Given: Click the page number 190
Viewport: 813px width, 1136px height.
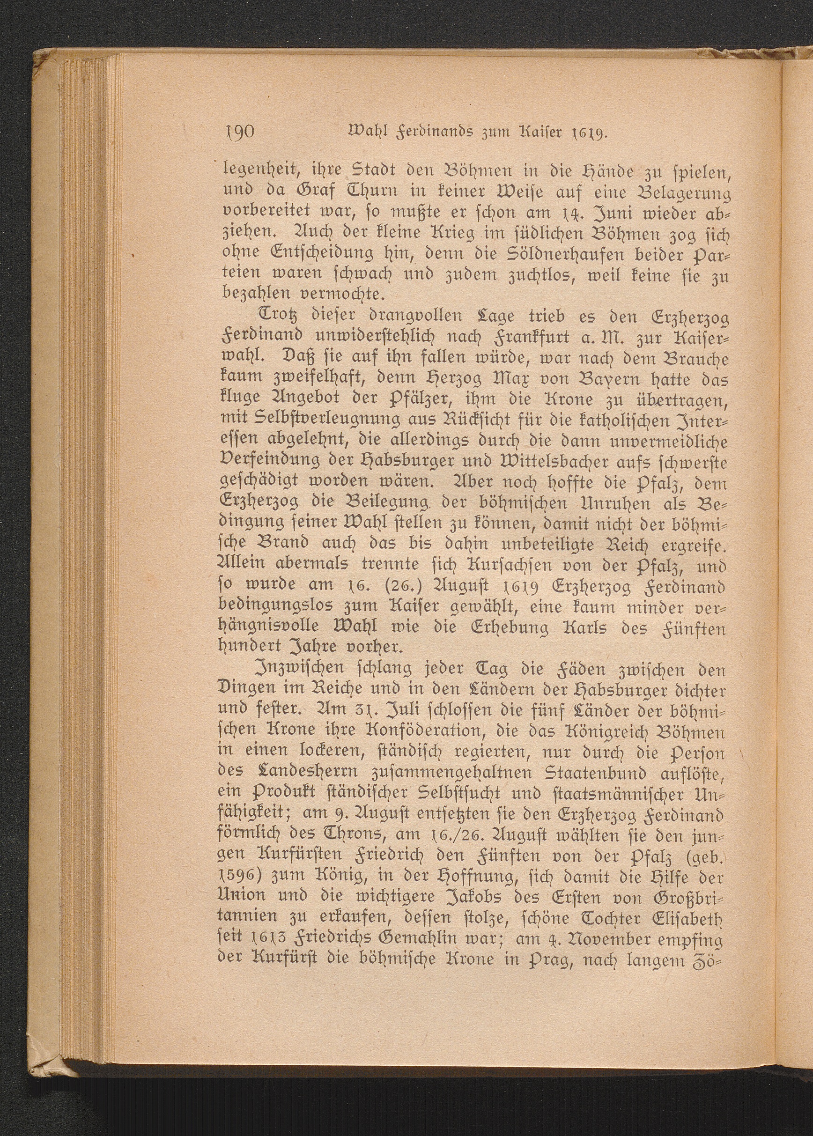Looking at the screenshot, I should (238, 133).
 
